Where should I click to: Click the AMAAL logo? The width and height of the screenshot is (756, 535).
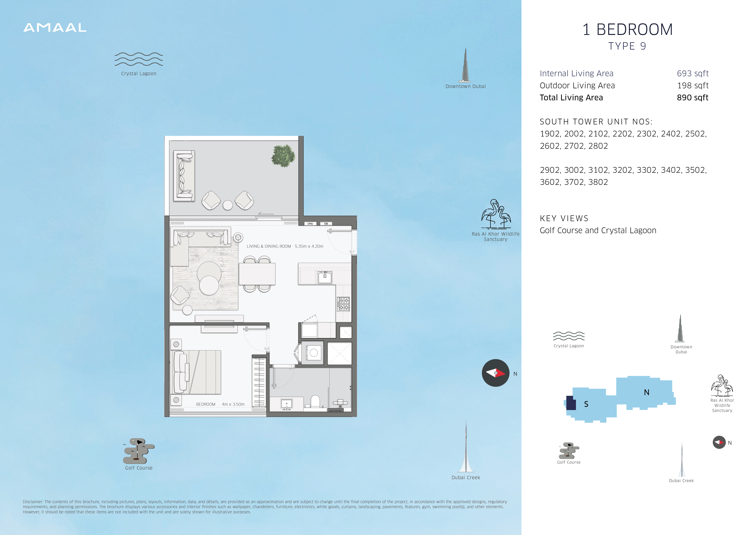coord(55,28)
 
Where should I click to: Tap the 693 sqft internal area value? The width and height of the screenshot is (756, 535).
coord(692,74)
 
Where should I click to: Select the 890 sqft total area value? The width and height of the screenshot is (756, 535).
coord(692,97)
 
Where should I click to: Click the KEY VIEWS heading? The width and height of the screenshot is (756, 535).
coord(564,218)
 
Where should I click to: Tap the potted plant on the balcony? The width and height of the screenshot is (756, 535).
coord(283,156)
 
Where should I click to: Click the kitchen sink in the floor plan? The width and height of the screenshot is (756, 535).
coord(325,277)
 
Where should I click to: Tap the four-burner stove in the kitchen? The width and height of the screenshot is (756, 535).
coord(343,304)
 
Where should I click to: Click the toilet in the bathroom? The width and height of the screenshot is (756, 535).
coord(315,402)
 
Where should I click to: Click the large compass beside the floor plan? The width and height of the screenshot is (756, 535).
coord(496,373)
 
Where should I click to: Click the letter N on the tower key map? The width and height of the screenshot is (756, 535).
coord(647,392)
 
